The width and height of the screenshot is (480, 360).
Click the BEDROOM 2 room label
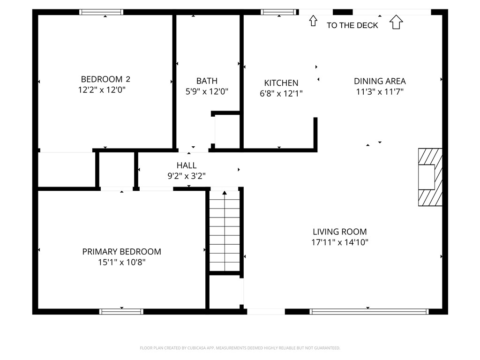(105, 79)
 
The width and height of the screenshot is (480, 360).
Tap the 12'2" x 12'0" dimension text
(102, 90)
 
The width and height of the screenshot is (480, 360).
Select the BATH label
(207, 81)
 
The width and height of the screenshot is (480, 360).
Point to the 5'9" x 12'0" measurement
(207, 91)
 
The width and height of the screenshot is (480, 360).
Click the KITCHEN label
(281, 83)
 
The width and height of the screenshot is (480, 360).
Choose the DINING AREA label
(380, 81)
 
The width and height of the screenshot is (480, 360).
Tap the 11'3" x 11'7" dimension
(380, 91)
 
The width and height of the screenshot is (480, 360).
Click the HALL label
(187, 165)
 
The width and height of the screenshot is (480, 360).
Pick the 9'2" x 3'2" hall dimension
(187, 176)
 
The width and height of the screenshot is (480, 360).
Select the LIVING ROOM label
(340, 232)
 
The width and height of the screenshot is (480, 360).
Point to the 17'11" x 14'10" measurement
(340, 242)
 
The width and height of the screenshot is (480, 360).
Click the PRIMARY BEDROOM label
(121, 252)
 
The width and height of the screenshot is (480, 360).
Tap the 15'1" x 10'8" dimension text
(121, 262)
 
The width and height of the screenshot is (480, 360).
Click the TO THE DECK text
(352, 25)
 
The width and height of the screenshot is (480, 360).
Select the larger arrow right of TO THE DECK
(396, 22)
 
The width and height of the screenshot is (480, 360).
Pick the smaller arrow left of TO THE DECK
(313, 21)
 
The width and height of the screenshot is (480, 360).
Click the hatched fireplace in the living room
(430, 177)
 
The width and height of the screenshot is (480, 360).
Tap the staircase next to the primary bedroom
(225, 231)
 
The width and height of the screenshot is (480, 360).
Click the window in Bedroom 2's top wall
(101, 12)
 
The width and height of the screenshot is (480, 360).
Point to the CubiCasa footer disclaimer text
(240, 348)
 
